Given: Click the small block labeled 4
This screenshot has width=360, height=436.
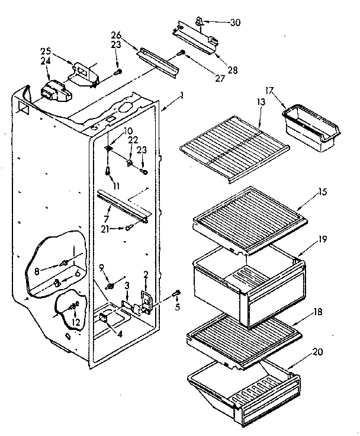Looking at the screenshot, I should tap(105, 318).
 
